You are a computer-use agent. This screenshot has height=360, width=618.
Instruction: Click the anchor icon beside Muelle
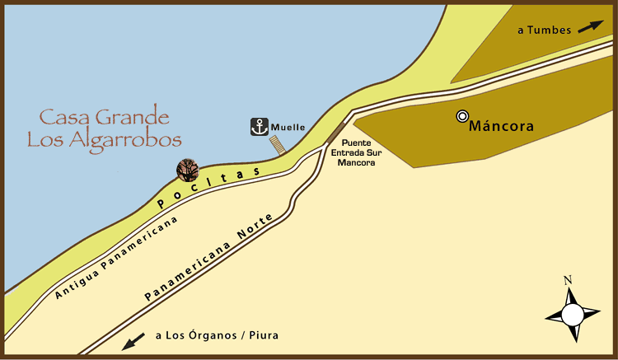(x=260, y=127)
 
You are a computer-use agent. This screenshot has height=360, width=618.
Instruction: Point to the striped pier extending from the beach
(x=279, y=145)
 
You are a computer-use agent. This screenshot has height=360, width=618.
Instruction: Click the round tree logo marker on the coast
(x=188, y=170)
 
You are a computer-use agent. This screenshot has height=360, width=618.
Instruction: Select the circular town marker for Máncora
(x=462, y=116)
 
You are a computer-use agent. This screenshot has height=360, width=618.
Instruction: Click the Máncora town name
(x=501, y=127)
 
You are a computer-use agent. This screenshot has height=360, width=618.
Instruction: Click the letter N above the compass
(x=568, y=280)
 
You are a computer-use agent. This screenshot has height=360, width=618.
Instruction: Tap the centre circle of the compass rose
(x=572, y=314)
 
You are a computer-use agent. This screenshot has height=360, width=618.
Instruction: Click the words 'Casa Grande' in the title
(x=105, y=116)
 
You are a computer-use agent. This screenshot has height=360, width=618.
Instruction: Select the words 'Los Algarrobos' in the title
(x=104, y=139)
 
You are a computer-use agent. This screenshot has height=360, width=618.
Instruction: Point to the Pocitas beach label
(x=208, y=186)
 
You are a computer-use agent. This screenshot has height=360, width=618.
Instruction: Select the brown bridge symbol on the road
(x=335, y=131)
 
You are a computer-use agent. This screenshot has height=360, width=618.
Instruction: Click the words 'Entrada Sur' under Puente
(x=356, y=152)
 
